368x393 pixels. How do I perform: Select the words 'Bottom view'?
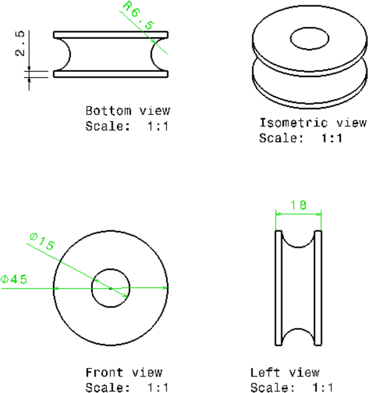point(128,111)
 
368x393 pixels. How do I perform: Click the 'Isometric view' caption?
point(313,123)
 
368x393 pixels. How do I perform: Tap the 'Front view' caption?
point(124,372)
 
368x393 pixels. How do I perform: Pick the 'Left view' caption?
point(285,372)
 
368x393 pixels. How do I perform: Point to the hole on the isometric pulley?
point(310,39)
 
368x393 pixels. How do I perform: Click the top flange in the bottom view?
point(111,34)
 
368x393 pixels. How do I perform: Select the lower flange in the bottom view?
point(111,75)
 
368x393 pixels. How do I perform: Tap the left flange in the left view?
point(278,288)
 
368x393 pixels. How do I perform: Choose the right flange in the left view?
point(319,288)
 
